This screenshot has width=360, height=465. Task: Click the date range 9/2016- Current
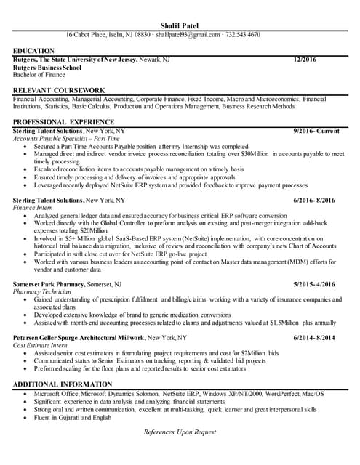coord(316,130)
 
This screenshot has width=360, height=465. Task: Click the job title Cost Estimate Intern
coord(40,345)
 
